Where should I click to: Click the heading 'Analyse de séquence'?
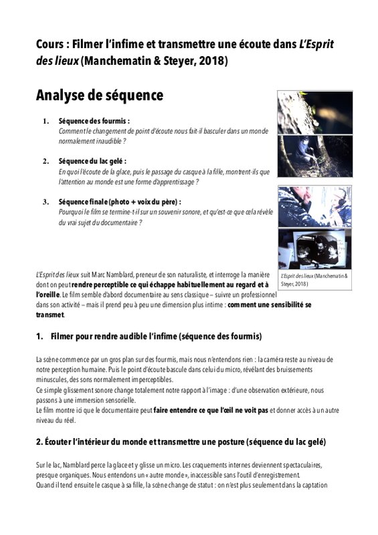(100, 96)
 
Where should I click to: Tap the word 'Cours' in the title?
(50, 44)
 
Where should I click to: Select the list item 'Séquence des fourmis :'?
(94, 121)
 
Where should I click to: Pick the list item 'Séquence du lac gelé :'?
(92, 161)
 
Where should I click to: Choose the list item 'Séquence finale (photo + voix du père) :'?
(120, 202)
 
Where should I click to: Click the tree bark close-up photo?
(315, 112)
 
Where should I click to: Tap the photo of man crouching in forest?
(315, 156)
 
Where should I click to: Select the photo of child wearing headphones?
(315, 207)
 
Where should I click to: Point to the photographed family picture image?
(315, 249)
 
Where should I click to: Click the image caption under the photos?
(314, 280)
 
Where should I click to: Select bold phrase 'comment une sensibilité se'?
(270, 305)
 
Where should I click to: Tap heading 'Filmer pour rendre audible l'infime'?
(114, 336)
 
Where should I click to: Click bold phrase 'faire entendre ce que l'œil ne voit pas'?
(211, 411)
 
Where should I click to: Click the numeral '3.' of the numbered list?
(46, 202)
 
